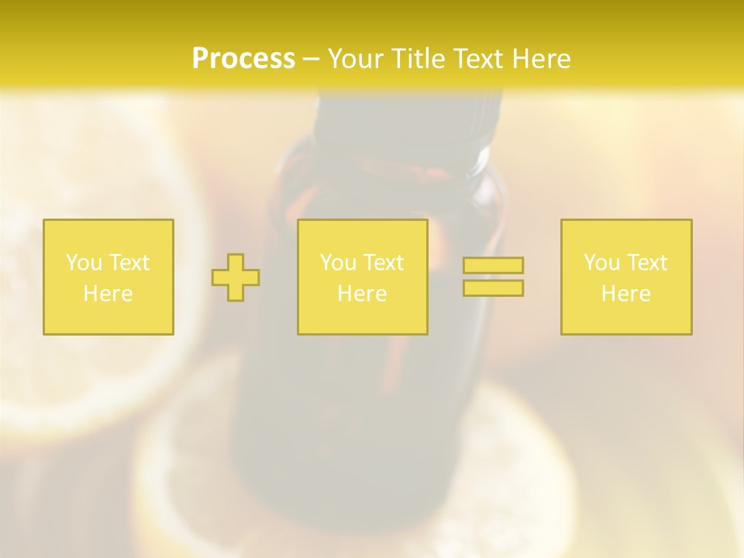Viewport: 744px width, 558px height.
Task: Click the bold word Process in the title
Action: coord(243,59)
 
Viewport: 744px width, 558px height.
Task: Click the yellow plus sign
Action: coord(236,277)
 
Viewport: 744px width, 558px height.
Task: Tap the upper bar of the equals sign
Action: coord(493,265)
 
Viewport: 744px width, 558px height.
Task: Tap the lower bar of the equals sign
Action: coord(493,288)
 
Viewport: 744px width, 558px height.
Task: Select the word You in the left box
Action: coord(84,263)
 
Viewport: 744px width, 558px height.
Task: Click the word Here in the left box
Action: coord(108,294)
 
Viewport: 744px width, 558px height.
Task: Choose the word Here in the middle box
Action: coord(362,294)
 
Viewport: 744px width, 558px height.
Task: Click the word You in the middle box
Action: coord(339,263)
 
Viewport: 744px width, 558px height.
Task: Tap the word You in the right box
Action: coord(602,263)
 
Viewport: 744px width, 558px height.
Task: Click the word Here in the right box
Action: coord(625,294)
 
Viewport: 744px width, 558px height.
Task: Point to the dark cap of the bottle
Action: coord(407,124)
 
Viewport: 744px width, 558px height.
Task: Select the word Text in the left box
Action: coord(129,263)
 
